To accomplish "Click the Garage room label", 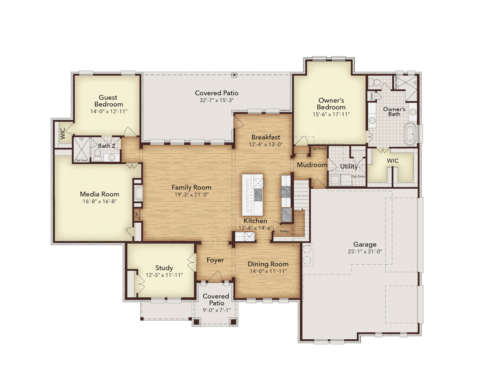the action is (x=365, y=244).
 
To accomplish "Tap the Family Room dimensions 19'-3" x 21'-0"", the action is (x=191, y=195).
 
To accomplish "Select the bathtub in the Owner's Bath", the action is (x=410, y=134).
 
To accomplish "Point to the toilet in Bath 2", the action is (x=98, y=155).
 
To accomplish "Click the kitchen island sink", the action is (x=258, y=195).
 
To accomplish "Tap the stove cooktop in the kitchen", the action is (x=286, y=192).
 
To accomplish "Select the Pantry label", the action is (x=284, y=231).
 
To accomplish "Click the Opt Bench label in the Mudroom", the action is (x=319, y=148).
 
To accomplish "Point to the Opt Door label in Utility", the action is (x=358, y=176).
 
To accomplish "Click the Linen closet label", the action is (x=371, y=96).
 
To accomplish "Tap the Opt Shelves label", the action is (x=138, y=214).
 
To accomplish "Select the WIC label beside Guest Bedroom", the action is (x=63, y=133).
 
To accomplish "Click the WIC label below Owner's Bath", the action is (x=393, y=161).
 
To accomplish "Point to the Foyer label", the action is (x=215, y=260).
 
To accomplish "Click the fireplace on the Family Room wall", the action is (x=138, y=193).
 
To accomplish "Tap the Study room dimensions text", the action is (x=164, y=275).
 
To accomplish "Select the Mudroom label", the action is (x=312, y=165).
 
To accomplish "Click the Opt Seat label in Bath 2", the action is (x=81, y=160).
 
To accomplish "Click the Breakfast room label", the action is (x=266, y=137).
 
